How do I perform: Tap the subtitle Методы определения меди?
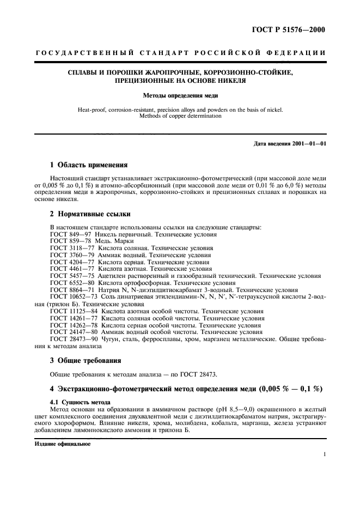click(180, 95)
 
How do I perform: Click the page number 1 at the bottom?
click(324, 453)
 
